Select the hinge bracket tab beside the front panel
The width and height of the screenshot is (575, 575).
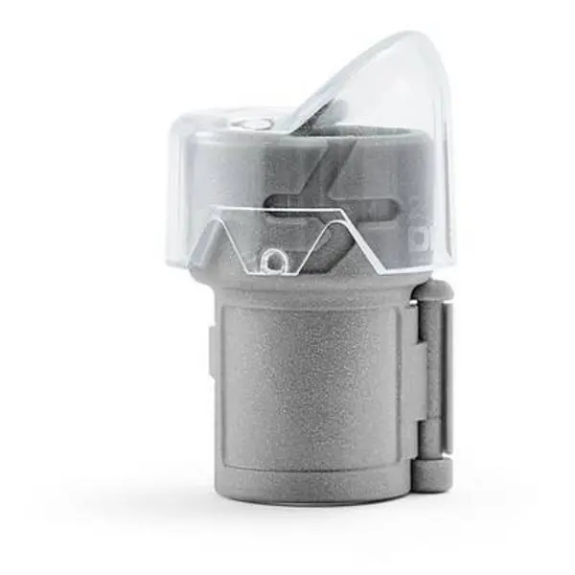413,383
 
